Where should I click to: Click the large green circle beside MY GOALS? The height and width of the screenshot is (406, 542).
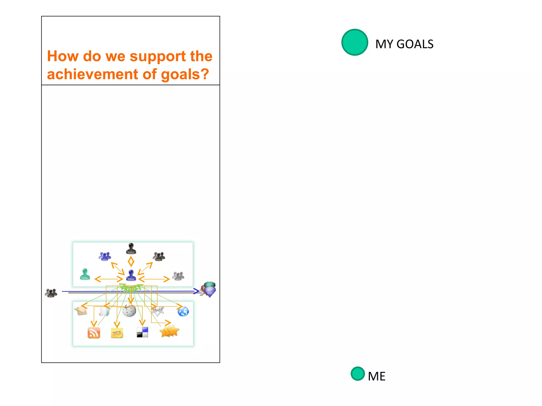click(x=355, y=42)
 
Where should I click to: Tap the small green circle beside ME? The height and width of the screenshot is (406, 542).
click(x=358, y=373)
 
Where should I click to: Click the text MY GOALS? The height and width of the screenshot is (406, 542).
click(x=404, y=44)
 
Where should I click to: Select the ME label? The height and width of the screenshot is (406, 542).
click(x=377, y=376)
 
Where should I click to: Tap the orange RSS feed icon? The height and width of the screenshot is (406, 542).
click(x=94, y=333)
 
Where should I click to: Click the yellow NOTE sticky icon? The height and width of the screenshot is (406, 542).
click(x=117, y=333)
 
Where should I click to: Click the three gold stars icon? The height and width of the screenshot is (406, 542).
click(x=169, y=331)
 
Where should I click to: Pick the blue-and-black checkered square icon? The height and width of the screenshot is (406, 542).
click(x=142, y=332)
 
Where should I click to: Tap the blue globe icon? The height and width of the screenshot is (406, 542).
click(x=183, y=312)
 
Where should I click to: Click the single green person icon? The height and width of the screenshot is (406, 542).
click(x=85, y=274)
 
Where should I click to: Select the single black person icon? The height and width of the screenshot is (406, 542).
click(x=131, y=248)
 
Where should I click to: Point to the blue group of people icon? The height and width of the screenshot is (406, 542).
click(x=105, y=256)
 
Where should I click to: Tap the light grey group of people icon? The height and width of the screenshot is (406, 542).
click(x=178, y=276)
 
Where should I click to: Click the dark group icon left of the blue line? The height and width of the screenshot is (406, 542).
click(x=51, y=293)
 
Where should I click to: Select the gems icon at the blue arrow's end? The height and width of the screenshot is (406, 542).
click(x=209, y=289)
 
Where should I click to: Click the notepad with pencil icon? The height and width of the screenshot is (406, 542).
click(x=81, y=311)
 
